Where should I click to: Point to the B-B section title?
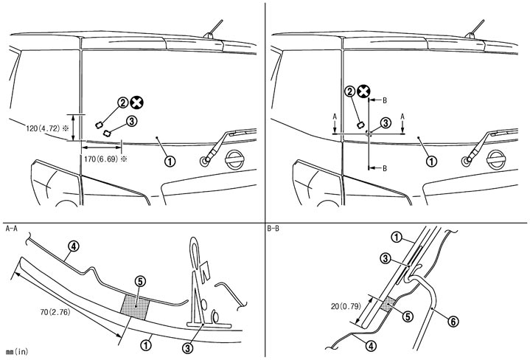[275, 229]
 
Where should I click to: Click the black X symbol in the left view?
[137, 105]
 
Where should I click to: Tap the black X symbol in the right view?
[363, 91]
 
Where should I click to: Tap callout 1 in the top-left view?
[170, 159]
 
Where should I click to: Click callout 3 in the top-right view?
[385, 123]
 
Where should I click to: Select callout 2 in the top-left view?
[122, 105]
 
